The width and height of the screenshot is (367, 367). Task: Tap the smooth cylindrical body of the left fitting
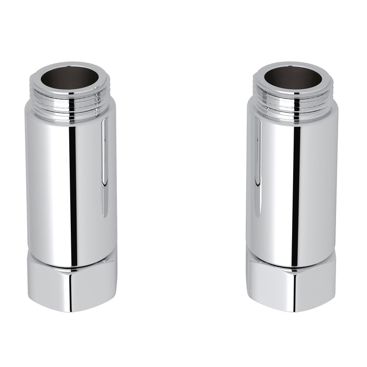click(52, 183)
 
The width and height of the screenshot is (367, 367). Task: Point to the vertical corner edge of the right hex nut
click(294, 288)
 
